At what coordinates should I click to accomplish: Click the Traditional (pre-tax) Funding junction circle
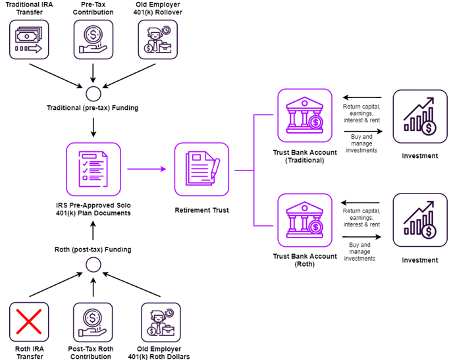[x=93, y=91]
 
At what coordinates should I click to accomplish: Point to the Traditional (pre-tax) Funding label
[x=92, y=107]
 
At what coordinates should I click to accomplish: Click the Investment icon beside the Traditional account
[x=419, y=116]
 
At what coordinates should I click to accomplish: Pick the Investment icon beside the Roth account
[x=419, y=220]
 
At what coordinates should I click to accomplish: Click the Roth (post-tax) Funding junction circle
[x=93, y=265]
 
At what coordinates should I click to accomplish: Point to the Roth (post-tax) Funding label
[x=92, y=249]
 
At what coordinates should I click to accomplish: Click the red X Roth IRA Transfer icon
[x=29, y=322]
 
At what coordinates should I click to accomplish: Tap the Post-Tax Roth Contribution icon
[x=93, y=322]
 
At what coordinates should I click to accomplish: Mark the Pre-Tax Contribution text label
[x=93, y=8]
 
